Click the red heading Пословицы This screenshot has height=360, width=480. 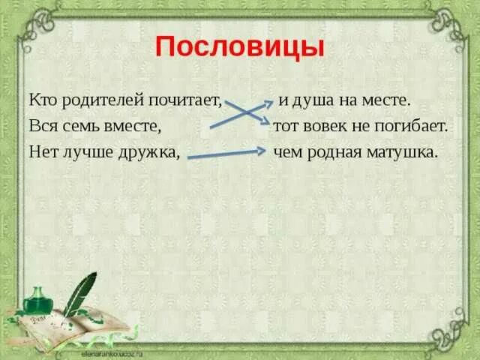click(240, 47)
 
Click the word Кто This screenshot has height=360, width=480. click(42, 100)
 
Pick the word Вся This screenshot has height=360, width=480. click(43, 126)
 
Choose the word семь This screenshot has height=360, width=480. click(79, 126)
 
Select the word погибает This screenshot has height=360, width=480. click(409, 126)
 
